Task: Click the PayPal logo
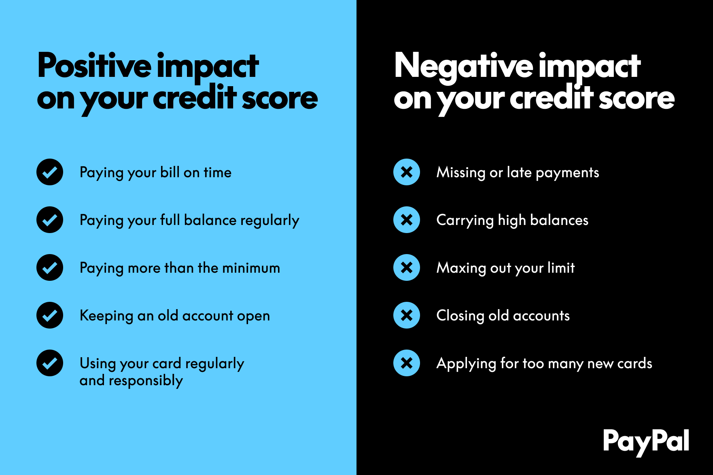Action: coord(646,441)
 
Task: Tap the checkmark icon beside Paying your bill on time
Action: coord(50,172)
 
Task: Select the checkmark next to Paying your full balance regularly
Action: coord(50,220)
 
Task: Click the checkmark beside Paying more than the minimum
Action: coord(50,267)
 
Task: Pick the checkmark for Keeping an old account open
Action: coord(50,315)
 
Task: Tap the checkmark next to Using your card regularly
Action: coord(50,363)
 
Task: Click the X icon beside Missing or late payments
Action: coord(407,172)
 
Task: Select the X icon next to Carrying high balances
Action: coord(407,220)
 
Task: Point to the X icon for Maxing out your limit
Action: coord(407,267)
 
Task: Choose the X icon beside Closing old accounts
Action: coord(407,315)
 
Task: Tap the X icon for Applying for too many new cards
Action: coord(407,363)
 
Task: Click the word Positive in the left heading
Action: coord(94,66)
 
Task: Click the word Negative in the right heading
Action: coord(463,66)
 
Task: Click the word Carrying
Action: coord(465,221)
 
